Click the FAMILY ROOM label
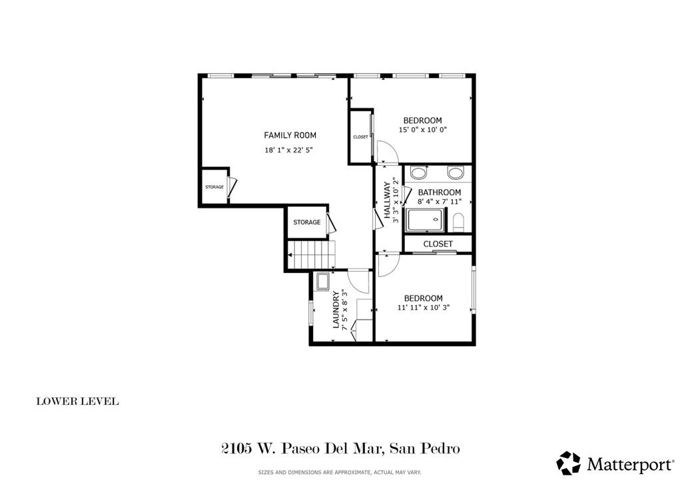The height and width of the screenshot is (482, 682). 290,135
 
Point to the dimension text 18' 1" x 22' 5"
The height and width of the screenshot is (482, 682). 288,150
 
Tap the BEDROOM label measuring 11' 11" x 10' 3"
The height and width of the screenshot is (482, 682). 423,298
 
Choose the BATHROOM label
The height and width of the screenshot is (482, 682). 439,192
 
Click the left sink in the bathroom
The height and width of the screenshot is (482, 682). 419,174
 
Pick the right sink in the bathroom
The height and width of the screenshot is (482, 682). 456,174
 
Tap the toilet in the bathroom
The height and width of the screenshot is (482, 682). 458,220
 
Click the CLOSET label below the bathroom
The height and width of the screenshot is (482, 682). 438,244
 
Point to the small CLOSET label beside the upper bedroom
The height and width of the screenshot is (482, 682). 360,137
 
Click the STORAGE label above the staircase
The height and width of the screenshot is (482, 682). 306,222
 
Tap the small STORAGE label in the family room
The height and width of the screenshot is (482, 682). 214,187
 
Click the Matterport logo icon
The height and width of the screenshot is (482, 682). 569,463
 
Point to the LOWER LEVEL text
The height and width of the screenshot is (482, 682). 77,401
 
